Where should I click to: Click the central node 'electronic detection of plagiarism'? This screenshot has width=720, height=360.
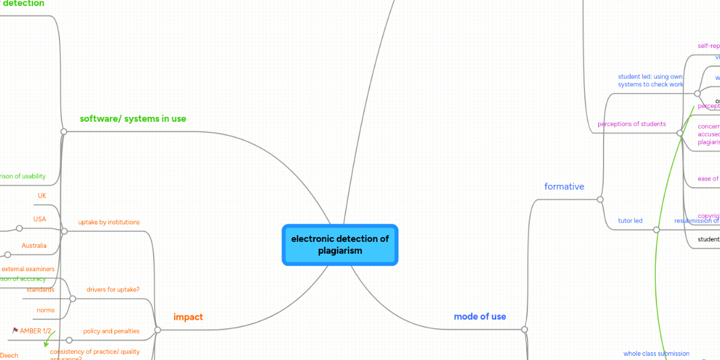pos(340,245)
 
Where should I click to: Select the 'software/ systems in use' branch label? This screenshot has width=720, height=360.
pos(133,119)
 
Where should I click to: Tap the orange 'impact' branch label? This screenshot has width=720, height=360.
pos(188,317)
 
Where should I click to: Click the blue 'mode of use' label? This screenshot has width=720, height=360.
pos(479,316)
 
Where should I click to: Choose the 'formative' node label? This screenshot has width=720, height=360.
pos(564,187)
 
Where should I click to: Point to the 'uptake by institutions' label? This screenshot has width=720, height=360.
pos(109,223)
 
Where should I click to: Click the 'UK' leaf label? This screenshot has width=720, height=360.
pos(42,196)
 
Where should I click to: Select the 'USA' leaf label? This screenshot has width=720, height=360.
pos(40,220)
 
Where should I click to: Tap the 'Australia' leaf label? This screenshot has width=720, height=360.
pos(34,246)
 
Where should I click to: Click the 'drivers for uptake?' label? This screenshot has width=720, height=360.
pos(113,290)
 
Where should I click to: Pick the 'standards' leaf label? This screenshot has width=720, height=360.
pos(40,290)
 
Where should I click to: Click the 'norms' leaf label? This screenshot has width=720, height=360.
pos(46,310)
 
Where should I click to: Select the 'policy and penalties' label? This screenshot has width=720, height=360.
pos(111,331)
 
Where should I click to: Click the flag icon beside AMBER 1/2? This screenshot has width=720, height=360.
pos(15,331)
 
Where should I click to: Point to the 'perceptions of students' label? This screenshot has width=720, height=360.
pos(631,124)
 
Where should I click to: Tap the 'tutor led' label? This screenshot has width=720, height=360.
pos(630,221)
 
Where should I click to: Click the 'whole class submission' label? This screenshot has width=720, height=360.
pos(656,354)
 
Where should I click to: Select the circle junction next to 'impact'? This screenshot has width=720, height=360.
pos(158,329)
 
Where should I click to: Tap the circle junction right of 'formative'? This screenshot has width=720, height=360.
pos(600,199)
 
